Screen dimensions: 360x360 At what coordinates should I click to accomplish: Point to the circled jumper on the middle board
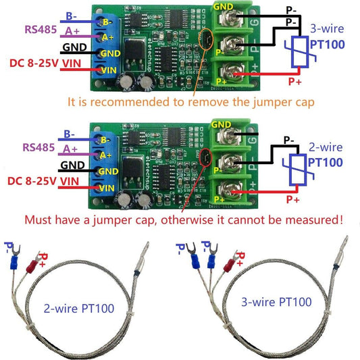click(203, 159)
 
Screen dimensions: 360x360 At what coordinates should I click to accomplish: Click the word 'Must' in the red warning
click(40, 220)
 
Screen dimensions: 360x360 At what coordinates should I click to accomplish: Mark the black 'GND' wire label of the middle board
click(73, 165)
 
